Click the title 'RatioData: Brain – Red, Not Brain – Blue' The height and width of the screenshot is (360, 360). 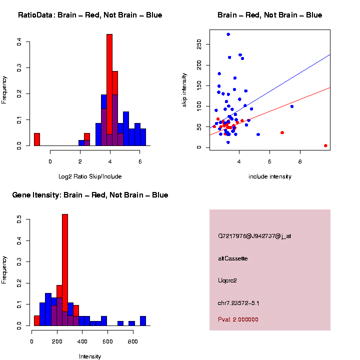[90, 15]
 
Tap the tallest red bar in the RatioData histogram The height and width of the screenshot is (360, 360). [109, 90]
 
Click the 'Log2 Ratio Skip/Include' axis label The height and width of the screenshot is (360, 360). [90, 176]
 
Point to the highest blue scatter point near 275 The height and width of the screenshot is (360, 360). [228, 34]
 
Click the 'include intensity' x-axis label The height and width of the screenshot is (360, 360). [270, 176]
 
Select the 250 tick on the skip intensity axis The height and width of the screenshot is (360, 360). [198, 44]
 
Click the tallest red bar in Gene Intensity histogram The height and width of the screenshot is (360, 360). [65, 270]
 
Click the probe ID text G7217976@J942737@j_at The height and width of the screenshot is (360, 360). [254, 235]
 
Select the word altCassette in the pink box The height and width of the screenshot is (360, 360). [233, 258]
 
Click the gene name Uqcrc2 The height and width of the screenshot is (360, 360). [227, 280]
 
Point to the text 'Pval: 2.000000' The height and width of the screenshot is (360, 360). [238, 319]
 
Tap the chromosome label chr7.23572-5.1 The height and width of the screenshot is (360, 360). [238, 303]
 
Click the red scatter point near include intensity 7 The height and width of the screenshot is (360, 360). [282, 132]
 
